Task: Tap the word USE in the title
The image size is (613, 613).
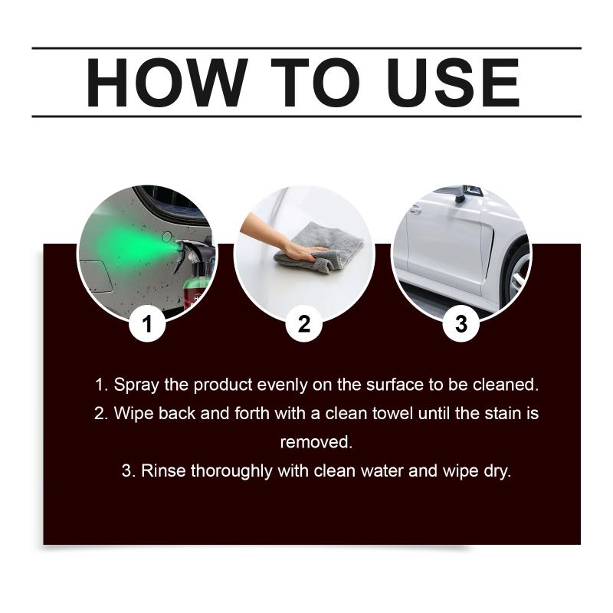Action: pos(454,83)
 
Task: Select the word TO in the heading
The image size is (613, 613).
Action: pos(315,83)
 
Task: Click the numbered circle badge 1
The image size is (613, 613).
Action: pos(147,323)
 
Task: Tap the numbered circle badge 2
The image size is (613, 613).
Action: pos(304,323)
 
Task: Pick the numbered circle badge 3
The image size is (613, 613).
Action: pos(461,323)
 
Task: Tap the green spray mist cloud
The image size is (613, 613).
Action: pos(133,247)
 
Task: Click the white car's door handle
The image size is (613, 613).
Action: pos(415,210)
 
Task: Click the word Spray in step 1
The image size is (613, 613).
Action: pos(136,385)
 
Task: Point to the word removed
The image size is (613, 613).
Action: pos(316,442)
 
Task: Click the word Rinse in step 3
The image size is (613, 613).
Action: pos(163,470)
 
